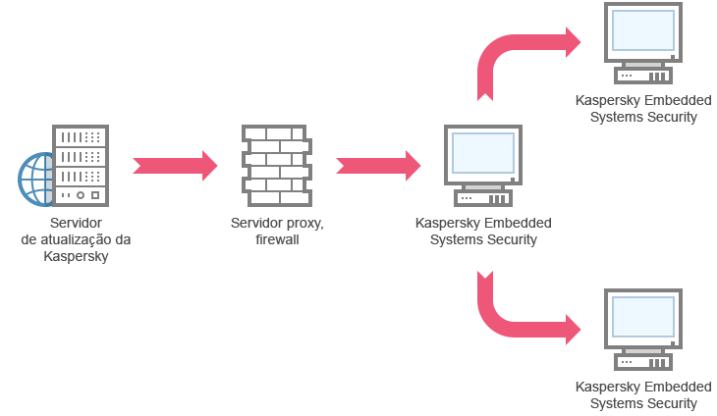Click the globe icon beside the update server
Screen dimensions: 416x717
[x=37, y=179]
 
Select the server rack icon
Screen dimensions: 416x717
[x=81, y=166]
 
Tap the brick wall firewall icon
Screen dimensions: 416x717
[x=275, y=165]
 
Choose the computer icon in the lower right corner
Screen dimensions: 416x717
[x=643, y=330]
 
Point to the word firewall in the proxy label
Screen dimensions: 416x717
[x=277, y=239]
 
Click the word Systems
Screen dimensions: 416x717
[x=457, y=239]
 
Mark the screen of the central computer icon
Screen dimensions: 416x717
[x=481, y=153]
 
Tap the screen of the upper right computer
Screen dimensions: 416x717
[x=643, y=29]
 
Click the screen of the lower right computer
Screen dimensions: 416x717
[x=643, y=316]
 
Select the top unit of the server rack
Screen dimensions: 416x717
[x=81, y=136]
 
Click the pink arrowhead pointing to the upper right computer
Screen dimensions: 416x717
[x=575, y=42]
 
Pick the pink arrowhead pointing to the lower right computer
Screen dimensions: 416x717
[x=575, y=328]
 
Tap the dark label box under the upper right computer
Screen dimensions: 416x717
[x=645, y=110]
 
